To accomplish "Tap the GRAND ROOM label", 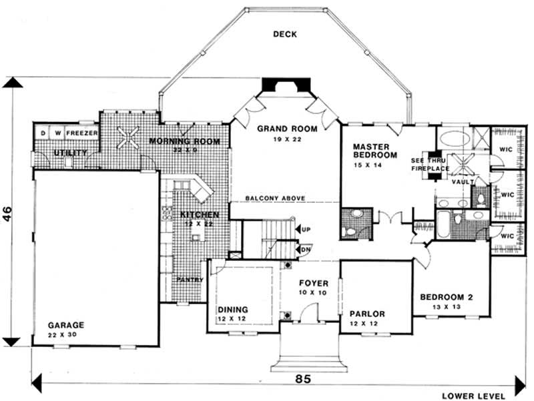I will coord(287,128).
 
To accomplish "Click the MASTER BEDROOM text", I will coord(374,150).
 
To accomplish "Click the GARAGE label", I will coord(65,325).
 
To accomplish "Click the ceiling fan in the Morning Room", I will coord(127,139).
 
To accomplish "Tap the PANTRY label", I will coord(190,280).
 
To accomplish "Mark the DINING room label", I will coord(233,310).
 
